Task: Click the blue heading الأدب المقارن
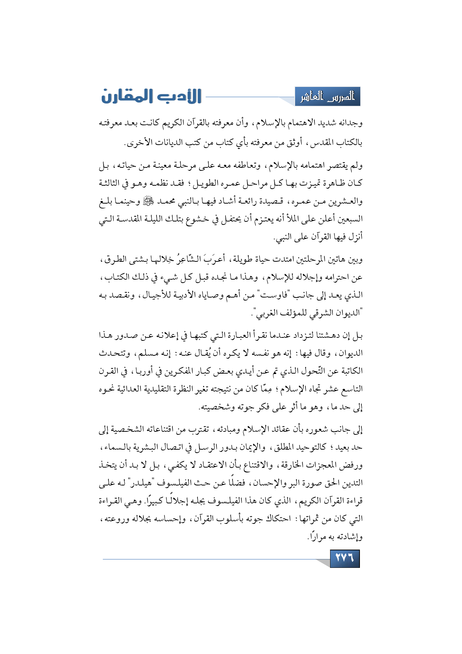pos(151,96)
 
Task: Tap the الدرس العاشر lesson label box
pos(327,97)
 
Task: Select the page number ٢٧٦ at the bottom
pos(345,558)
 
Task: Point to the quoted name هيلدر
pos(139,483)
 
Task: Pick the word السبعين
pos(350,219)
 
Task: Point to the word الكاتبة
pos(349,371)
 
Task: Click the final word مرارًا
pos(317,537)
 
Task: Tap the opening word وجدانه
pos(349,123)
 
